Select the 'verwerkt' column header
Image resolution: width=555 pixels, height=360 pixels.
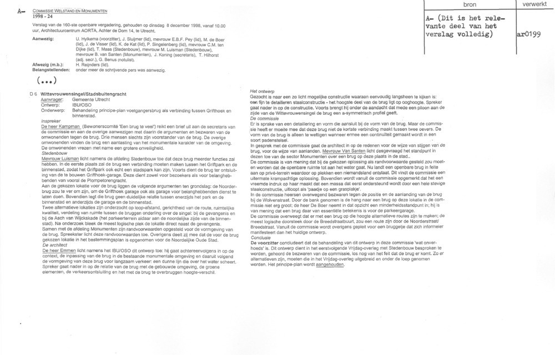533,5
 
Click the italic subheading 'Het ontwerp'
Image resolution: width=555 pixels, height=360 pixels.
263,90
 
